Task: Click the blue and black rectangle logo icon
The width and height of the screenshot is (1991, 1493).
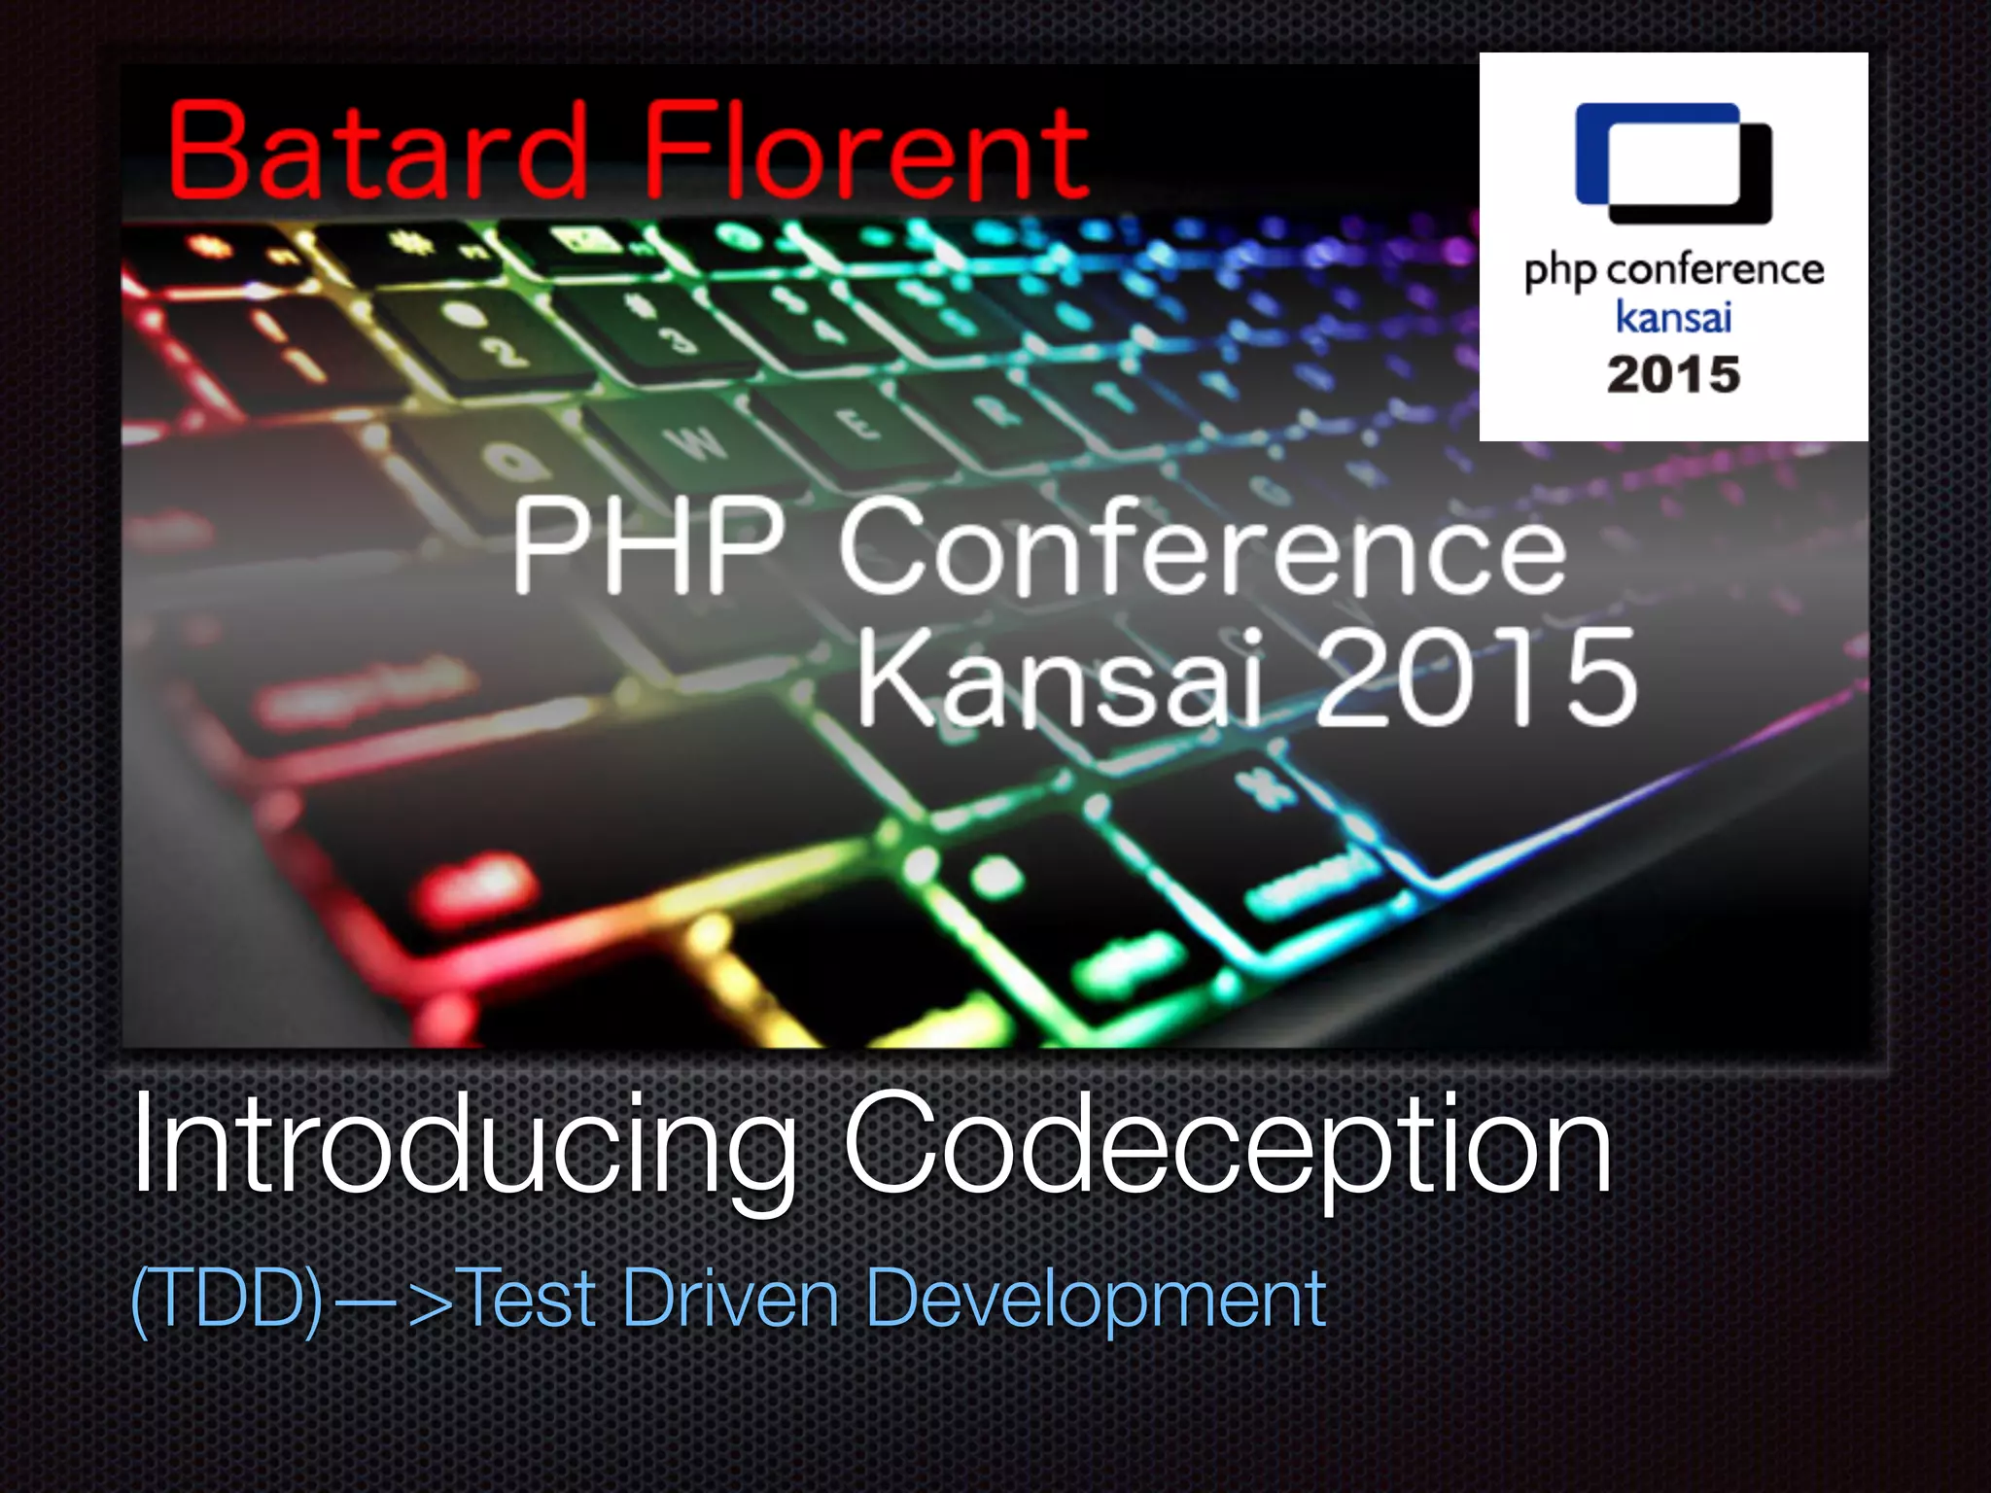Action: pyautogui.click(x=1673, y=163)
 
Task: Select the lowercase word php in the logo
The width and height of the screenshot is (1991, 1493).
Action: pyautogui.click(x=1559, y=272)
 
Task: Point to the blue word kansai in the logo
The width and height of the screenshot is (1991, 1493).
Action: pyautogui.click(x=1673, y=318)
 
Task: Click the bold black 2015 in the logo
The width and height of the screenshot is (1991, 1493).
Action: pyautogui.click(x=1673, y=375)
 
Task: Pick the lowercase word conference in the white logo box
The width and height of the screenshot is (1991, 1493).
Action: pyautogui.click(x=1715, y=270)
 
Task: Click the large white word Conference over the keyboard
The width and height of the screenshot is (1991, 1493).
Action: pyautogui.click(x=1203, y=549)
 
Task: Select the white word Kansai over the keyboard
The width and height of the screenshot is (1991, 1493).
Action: pyautogui.click(x=1060, y=677)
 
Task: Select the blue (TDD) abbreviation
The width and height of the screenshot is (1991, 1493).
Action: pyautogui.click(x=227, y=1299)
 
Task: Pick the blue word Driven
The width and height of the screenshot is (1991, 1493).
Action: pyautogui.click(x=730, y=1299)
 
